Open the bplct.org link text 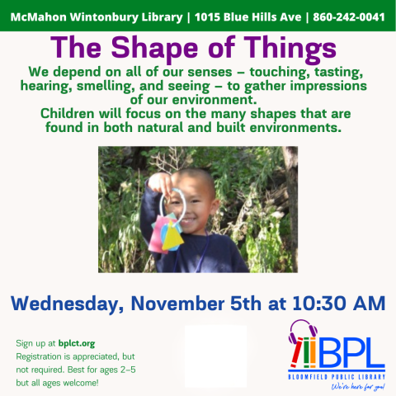pyautogui.click(x=77, y=342)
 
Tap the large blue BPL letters pyautogui.click(x=351, y=353)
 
